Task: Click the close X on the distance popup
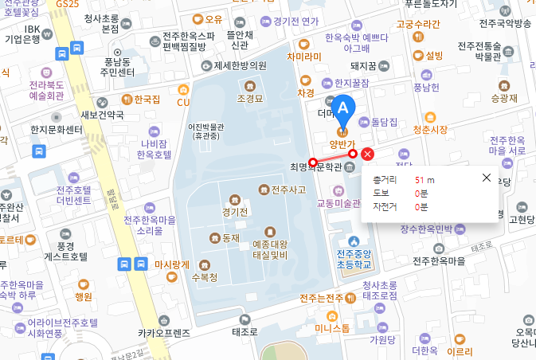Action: point(487,178)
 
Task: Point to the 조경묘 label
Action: point(250,98)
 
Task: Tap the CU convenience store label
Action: point(183,102)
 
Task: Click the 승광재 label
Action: point(504,99)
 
